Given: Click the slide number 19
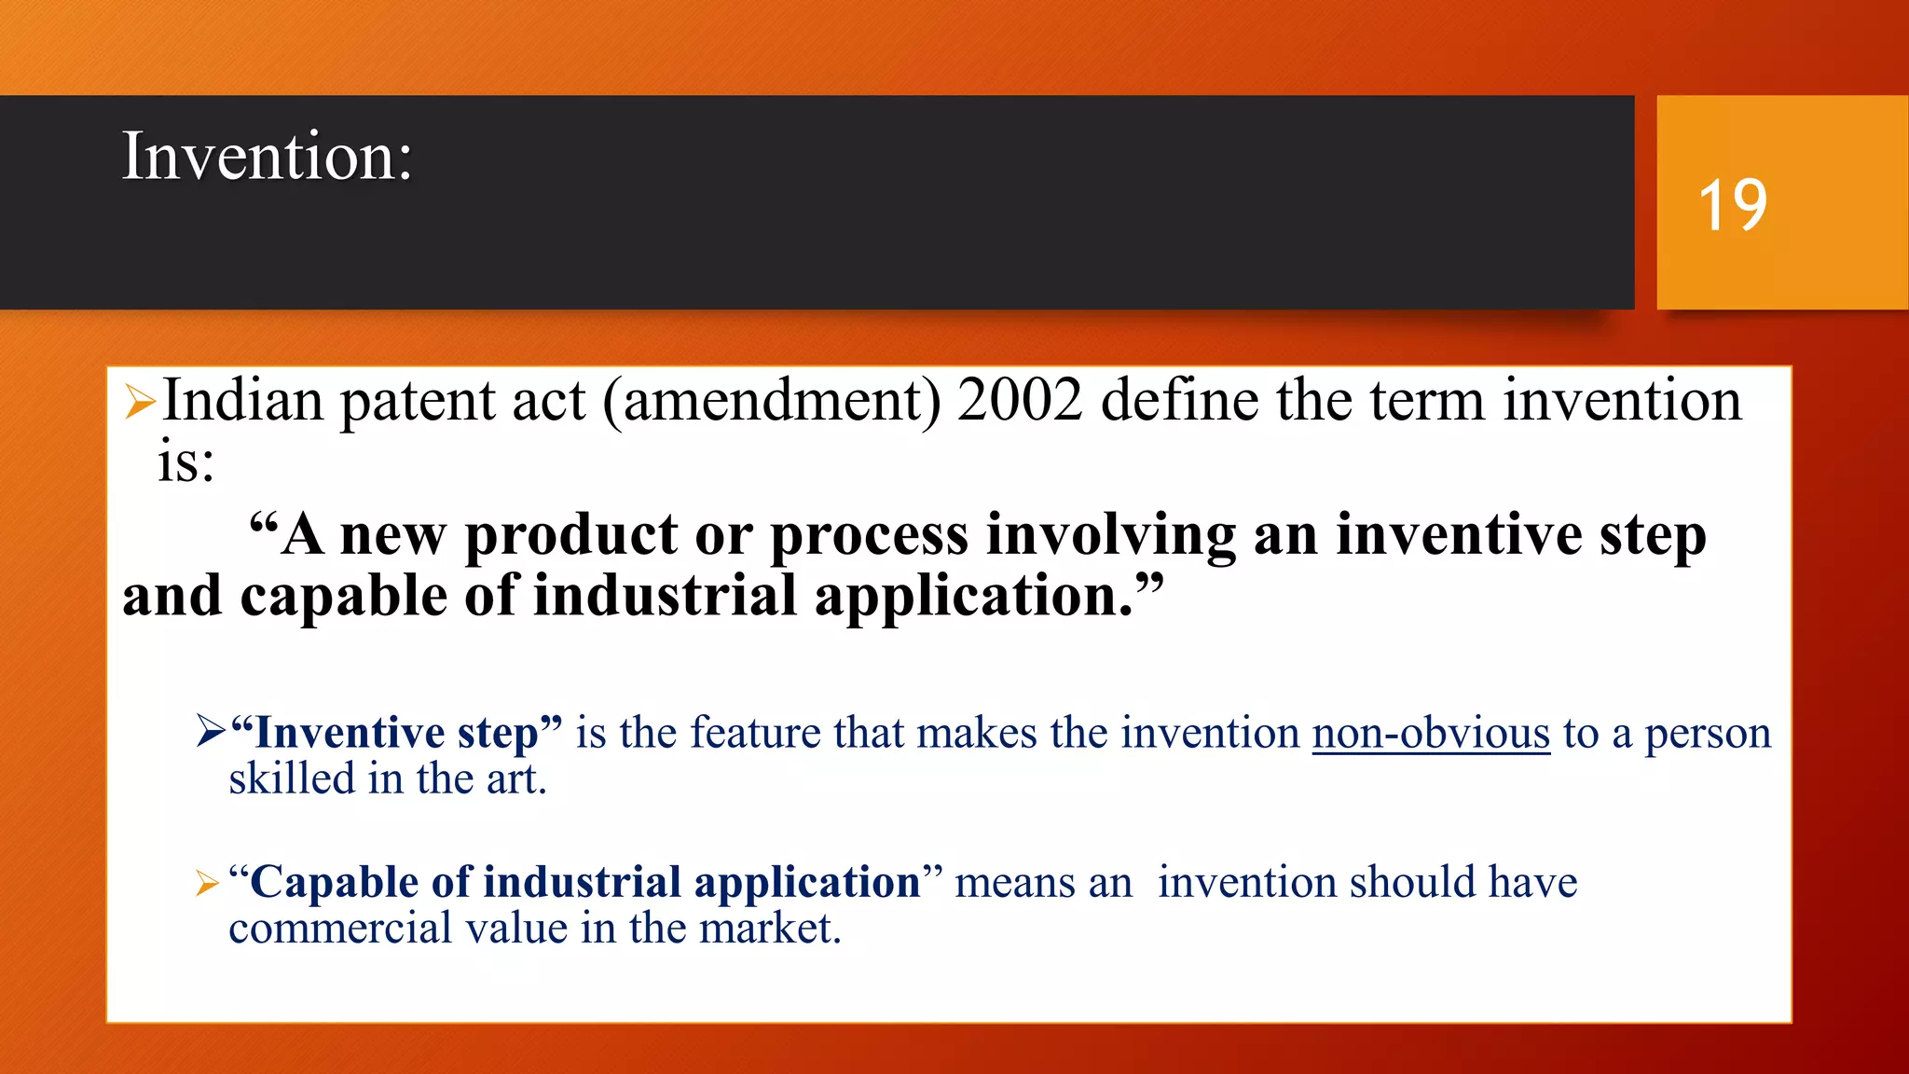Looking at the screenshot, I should pos(1732,205).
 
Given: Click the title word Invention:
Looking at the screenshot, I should pos(267,156).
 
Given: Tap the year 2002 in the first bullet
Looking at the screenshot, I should pos(1020,401).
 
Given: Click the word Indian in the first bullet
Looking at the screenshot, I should pos(243,401).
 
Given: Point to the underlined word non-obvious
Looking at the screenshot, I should pos(1431,734).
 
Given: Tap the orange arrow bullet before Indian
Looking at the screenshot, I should pos(140,402).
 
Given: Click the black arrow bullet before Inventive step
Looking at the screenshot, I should pos(211,731).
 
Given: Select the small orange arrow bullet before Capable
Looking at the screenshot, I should pos(207,883).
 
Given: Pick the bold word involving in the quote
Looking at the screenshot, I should pos(1110,538).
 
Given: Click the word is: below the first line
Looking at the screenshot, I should pos(185,462).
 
